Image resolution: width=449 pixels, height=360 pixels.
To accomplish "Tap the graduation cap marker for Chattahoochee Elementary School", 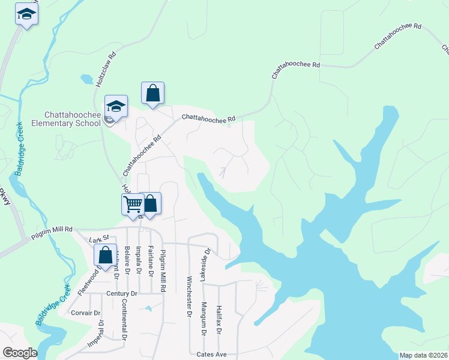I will [x=116, y=106].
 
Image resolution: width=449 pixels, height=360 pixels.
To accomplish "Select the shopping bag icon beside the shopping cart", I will [x=150, y=203].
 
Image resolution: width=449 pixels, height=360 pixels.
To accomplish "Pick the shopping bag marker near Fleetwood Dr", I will [x=106, y=255].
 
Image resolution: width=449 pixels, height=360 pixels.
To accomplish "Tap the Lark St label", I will [x=97, y=240].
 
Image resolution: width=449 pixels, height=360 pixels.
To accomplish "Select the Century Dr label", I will [x=122, y=293].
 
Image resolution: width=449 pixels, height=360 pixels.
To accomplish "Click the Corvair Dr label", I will [x=85, y=313].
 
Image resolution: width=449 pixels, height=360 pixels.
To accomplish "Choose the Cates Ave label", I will [x=213, y=355].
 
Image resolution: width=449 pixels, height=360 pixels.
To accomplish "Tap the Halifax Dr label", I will [x=219, y=319].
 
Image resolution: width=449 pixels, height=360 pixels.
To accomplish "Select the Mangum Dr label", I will [x=203, y=319].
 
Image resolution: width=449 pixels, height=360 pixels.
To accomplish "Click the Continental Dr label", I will [x=124, y=320].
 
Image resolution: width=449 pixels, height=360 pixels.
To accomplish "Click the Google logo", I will [x=20, y=353].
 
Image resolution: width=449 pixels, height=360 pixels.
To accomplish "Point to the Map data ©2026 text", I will [x=422, y=355].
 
